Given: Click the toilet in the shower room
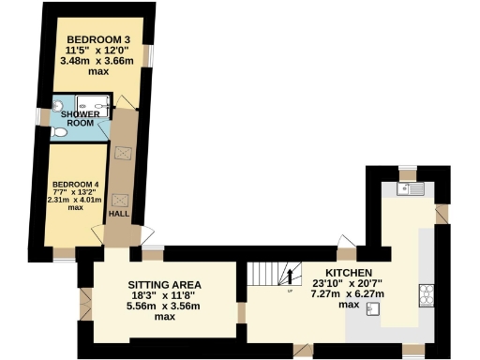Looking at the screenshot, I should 60,133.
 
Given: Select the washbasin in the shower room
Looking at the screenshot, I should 57,104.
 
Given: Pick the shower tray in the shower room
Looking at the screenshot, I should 94,106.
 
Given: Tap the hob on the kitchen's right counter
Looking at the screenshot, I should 427,294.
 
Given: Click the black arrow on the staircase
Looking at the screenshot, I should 288,276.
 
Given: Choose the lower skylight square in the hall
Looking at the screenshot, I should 121,199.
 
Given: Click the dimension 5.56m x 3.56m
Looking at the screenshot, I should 166,305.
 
